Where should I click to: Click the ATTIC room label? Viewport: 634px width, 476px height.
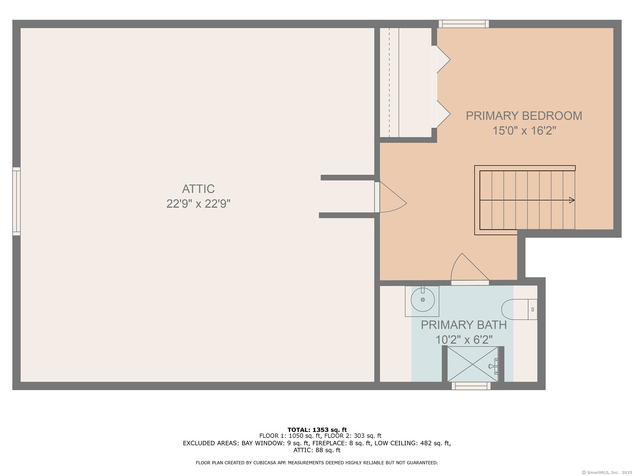tap(198, 189)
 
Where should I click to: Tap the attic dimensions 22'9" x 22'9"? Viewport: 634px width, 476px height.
tap(198, 204)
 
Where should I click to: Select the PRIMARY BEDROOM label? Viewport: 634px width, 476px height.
tap(524, 116)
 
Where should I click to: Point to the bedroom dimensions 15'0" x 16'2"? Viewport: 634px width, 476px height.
tap(524, 130)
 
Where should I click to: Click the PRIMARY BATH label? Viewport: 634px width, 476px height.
tap(464, 325)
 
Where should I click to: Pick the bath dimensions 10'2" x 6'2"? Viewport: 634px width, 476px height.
tap(464, 340)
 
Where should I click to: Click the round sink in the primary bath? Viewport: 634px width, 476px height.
tap(423, 300)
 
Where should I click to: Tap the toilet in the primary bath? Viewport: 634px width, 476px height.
tap(519, 309)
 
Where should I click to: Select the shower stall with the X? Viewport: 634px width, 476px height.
tap(473, 364)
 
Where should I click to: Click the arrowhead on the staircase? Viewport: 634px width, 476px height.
tap(572, 200)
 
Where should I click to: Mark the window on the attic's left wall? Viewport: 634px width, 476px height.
tap(16, 201)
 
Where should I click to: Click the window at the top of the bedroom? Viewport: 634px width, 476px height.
tap(463, 24)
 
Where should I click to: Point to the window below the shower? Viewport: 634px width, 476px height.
tap(471, 386)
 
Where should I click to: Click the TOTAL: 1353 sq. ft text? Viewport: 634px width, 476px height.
tap(317, 430)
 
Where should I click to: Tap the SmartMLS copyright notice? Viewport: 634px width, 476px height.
tap(607, 472)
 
